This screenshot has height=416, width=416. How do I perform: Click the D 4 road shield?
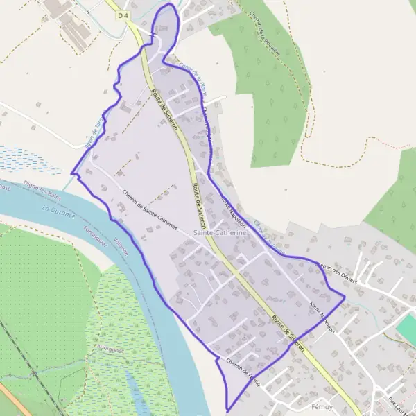pyautogui.click(x=123, y=15)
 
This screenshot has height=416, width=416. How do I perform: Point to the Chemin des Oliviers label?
pyautogui.click(x=336, y=272)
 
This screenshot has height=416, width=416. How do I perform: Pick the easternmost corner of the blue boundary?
pyautogui.click(x=345, y=300)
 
